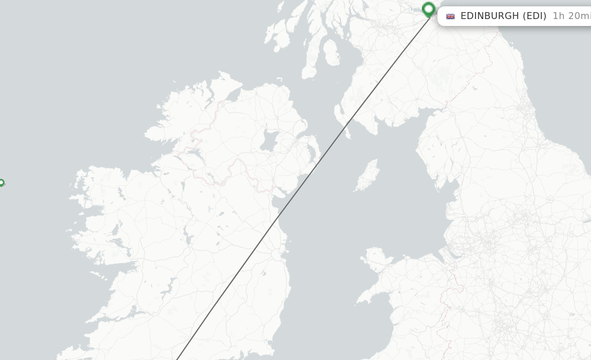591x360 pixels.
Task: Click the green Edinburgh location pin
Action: coord(428,9)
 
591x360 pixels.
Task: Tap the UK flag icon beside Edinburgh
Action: coord(450,16)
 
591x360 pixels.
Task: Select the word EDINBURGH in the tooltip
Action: coord(490,16)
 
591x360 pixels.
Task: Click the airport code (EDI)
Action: coord(534,16)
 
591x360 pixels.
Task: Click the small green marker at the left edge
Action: coord(1,183)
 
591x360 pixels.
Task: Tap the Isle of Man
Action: coord(367,176)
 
